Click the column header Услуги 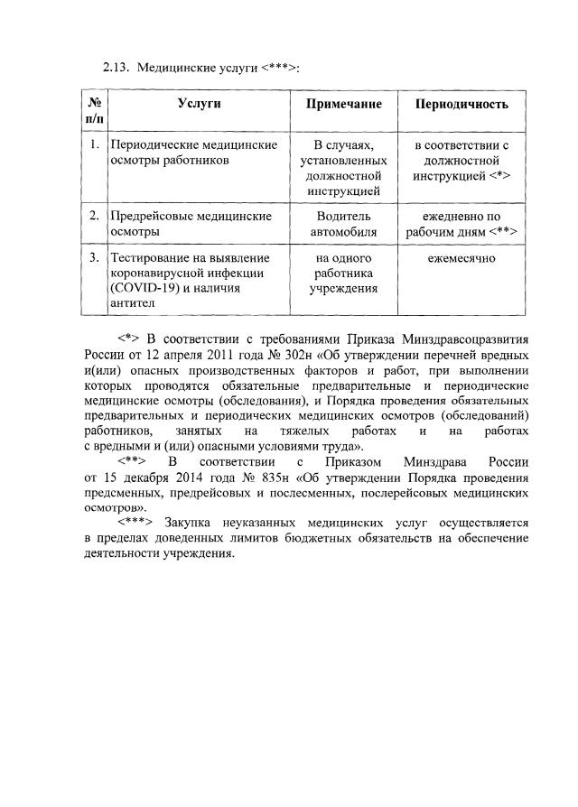pos(199,104)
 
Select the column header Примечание pos(344,104)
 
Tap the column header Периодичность pos(461,104)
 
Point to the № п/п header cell pos(93,111)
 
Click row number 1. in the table pos(94,144)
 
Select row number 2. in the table pos(94,217)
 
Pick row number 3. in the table pos(94,258)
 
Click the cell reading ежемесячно pos(461,258)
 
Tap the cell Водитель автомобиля pos(344,224)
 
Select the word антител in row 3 pos(132,303)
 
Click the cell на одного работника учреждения pos(344,274)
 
